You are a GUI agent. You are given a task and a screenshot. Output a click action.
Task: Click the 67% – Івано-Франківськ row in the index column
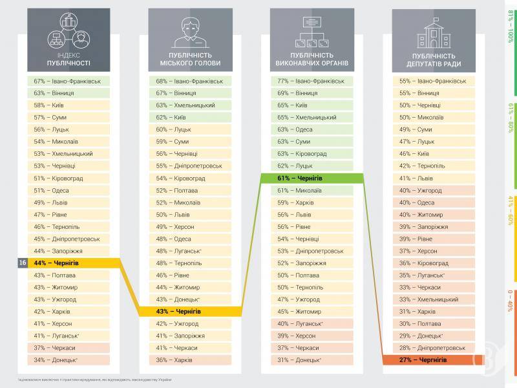tap(69, 81)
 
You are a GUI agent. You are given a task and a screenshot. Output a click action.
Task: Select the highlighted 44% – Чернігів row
tap(69, 263)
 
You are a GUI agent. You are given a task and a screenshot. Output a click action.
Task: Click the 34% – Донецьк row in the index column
tap(69, 360)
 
